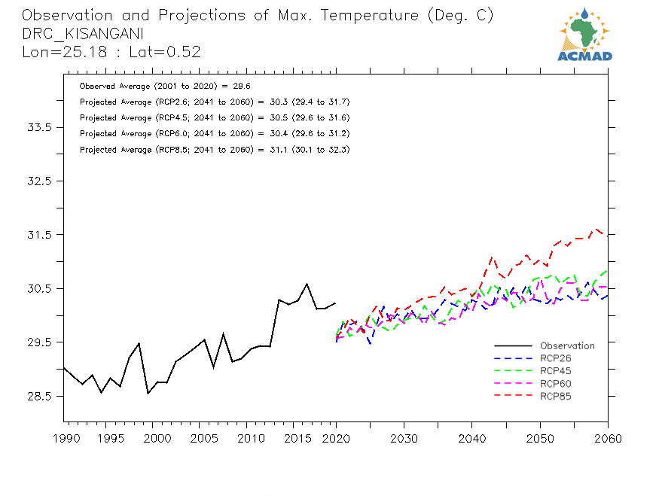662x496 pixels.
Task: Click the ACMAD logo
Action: coord(584,35)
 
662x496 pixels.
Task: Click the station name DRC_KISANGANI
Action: coord(83,34)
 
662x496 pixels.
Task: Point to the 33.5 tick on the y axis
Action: coord(39,127)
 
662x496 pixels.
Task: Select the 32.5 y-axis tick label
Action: coord(39,181)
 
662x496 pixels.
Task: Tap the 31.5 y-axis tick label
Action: coord(39,235)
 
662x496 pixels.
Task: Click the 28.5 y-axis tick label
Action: coord(39,396)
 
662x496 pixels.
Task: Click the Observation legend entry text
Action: coord(567,346)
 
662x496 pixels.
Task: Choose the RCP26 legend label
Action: coord(556,358)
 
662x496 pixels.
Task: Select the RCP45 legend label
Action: coord(556,371)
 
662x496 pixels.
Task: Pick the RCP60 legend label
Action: coord(556,384)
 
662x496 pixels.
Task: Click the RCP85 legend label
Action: coord(556,396)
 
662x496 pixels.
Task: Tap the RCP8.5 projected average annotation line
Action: coord(214,150)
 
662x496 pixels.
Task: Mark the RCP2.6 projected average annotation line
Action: coord(214,102)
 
